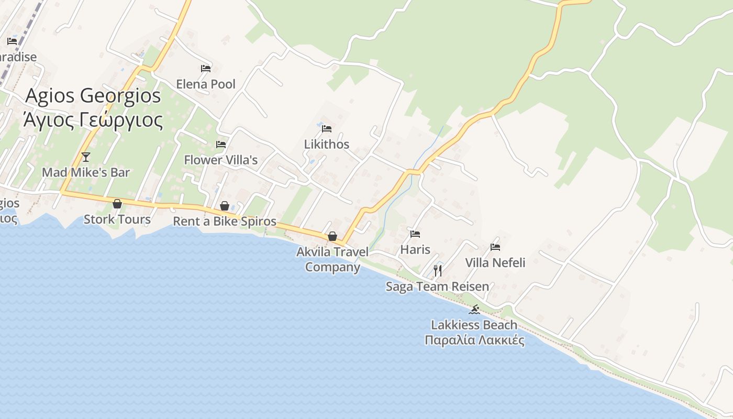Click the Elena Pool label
click(206, 84)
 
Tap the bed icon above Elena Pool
click(206, 68)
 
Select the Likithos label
click(327, 144)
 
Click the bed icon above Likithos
click(327, 128)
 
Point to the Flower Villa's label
click(220, 160)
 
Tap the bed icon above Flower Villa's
click(221, 144)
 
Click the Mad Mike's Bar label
click(86, 172)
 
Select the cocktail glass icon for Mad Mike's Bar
click(86, 157)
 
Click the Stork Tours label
click(117, 219)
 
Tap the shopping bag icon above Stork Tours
click(117, 204)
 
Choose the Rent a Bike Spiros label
click(225, 221)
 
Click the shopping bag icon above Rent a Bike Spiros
click(225, 206)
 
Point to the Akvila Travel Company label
click(332, 259)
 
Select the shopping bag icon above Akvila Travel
click(332, 237)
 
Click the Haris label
click(415, 249)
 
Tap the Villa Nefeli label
click(495, 262)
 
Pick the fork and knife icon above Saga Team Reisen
click(438, 270)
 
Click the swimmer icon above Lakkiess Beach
click(474, 310)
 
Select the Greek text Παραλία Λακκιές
click(474, 340)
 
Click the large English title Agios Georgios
click(93, 95)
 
